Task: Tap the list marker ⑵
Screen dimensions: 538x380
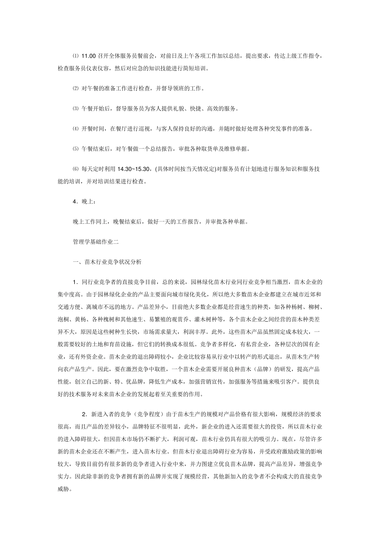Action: [76, 88]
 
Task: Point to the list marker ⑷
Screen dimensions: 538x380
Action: [76, 128]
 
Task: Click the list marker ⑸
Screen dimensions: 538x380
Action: [76, 149]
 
